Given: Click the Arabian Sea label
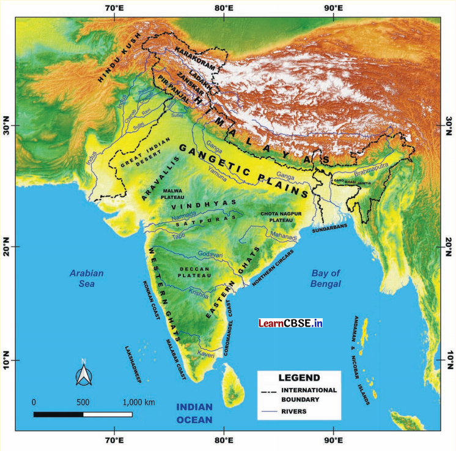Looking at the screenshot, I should coord(86,278).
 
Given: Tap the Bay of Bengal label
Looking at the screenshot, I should coord(325,278).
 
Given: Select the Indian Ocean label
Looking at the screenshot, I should coord(194,414).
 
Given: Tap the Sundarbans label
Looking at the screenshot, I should coord(329,227).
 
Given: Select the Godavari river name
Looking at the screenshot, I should coord(211,255).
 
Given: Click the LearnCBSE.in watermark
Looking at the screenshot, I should coord(290,322).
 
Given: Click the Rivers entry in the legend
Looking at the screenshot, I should coord(295,411).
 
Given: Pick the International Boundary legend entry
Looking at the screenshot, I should coord(308,394).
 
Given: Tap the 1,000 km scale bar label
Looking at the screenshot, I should coord(139,402).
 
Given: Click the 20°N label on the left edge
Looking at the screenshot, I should coord(9,246).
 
